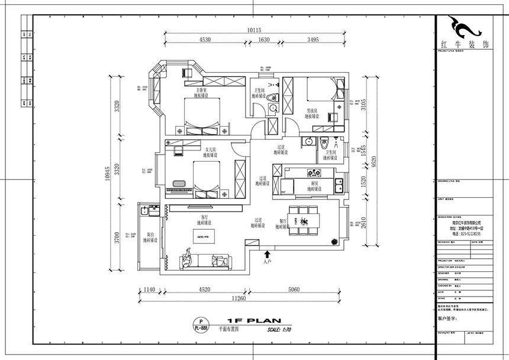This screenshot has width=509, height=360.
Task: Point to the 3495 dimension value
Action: click(314, 40)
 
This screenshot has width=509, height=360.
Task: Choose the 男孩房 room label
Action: click(312, 111)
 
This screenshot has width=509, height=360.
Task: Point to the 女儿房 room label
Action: click(211, 150)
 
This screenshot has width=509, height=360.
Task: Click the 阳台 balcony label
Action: click(150, 235)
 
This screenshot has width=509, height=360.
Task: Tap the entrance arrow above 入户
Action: click(266, 253)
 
